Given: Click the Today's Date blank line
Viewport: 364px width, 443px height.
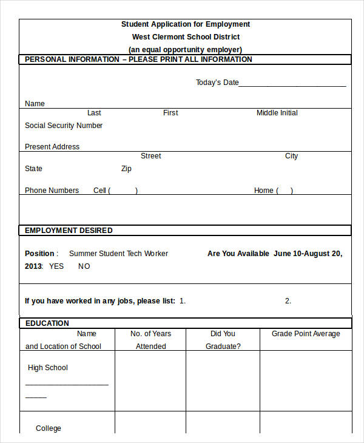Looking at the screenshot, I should click(292, 83).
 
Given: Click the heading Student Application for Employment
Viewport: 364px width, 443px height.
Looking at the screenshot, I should click(186, 24).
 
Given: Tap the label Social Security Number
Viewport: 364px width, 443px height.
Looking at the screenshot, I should click(64, 126).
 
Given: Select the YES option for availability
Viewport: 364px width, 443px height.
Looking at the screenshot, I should click(56, 266).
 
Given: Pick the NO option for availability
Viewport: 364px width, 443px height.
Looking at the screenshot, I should click(84, 266).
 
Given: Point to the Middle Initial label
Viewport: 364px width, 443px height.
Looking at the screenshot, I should click(277, 113).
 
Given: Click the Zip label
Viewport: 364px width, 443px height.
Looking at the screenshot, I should click(126, 169).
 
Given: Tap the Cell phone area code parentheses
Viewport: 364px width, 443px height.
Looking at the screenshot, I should click(123, 191).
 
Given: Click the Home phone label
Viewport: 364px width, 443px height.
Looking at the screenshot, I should click(264, 191).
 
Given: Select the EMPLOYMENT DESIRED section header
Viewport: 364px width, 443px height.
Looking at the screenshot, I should click(69, 231).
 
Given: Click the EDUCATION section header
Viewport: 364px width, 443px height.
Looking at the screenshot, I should click(47, 323).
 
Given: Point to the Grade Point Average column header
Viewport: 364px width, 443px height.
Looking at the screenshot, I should click(306, 334).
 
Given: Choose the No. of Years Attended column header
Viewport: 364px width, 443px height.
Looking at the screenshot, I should click(150, 340).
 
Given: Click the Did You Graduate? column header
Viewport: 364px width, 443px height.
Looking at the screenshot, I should click(223, 340).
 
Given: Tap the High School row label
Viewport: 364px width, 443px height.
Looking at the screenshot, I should click(48, 368).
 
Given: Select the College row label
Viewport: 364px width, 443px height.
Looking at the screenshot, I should click(49, 428).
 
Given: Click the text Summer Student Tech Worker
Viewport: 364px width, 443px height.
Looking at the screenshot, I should click(118, 254).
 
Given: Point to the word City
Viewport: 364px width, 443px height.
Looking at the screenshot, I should click(291, 156).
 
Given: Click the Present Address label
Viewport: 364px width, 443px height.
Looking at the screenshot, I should click(52, 147).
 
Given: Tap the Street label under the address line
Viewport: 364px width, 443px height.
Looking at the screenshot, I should click(150, 156).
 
